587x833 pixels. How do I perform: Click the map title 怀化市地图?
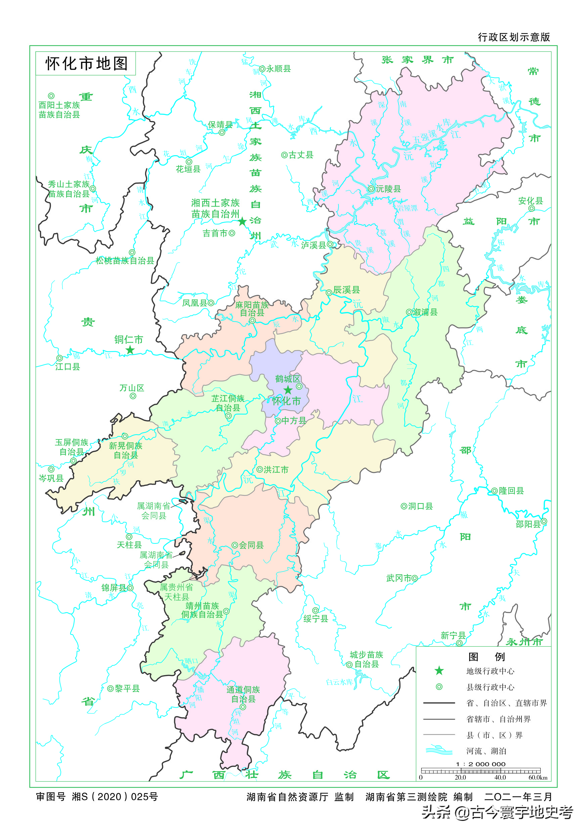[86, 63]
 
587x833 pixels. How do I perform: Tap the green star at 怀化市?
[288, 390]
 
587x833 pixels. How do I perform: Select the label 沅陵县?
[388, 189]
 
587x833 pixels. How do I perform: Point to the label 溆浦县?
[425, 312]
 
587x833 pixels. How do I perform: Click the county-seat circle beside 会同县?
[235, 545]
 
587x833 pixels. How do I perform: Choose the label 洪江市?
[276, 470]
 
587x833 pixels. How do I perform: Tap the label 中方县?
[294, 421]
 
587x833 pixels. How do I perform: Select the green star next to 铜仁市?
[130, 350]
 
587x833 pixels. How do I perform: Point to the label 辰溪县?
[347, 290]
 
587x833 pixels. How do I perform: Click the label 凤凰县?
[194, 303]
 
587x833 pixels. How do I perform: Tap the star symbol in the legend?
[439, 670]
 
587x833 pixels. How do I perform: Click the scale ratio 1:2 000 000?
[480, 764]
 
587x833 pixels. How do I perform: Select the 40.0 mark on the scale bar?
[500, 777]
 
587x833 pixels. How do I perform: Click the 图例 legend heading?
[486, 656]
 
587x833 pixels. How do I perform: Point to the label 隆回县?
[511, 490]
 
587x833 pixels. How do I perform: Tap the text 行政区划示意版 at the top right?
[514, 37]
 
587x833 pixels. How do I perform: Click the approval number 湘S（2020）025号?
[115, 796]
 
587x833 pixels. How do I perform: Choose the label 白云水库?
[339, 682]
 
